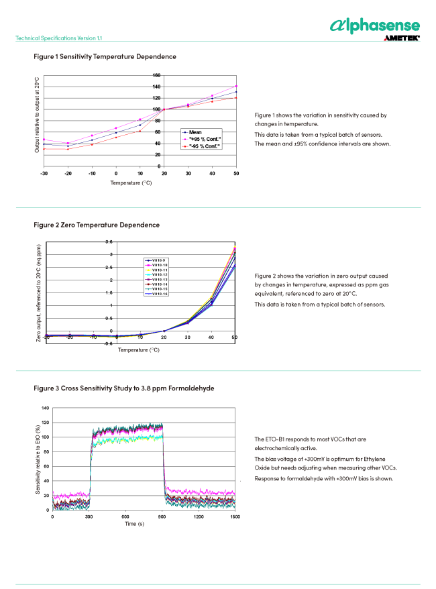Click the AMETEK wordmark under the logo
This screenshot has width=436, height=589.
(x=402, y=39)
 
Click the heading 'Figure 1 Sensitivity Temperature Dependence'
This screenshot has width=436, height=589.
(x=105, y=56)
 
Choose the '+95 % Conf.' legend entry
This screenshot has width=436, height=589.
(x=205, y=139)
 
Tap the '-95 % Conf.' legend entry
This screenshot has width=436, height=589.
(x=205, y=145)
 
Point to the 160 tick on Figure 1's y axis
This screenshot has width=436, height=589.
(x=156, y=75)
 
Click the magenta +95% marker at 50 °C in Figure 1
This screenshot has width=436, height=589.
(x=236, y=86)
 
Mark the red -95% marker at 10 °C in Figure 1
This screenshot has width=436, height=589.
(x=140, y=131)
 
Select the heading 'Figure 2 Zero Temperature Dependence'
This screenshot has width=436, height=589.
(x=97, y=225)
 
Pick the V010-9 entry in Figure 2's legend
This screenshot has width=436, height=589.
(x=158, y=260)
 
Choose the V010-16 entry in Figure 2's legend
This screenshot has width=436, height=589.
(x=159, y=294)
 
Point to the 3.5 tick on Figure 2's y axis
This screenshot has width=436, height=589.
(x=110, y=242)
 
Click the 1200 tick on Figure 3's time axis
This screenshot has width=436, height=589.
(x=199, y=517)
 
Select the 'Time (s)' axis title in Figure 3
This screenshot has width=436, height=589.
(x=131, y=523)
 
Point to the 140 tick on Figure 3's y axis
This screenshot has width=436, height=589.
(x=45, y=408)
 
